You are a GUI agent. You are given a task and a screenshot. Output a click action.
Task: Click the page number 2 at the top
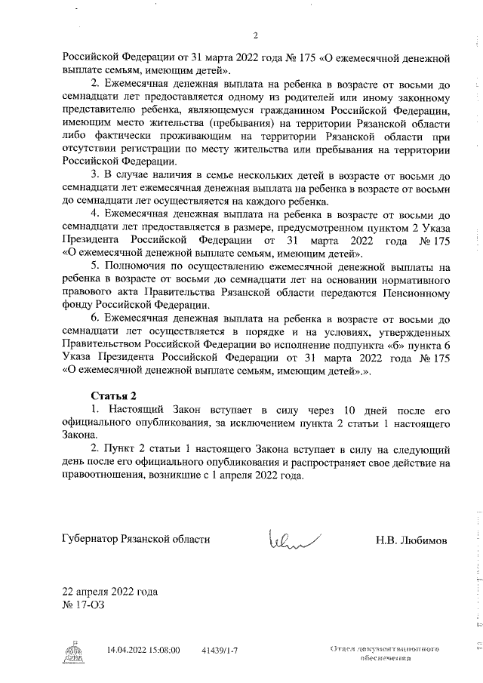tap(255, 35)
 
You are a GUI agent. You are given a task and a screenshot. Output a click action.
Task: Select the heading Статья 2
tap(113, 395)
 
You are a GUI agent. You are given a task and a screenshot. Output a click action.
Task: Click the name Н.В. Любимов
tap(411, 540)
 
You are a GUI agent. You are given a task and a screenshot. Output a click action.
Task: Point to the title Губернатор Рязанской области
tap(136, 540)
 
